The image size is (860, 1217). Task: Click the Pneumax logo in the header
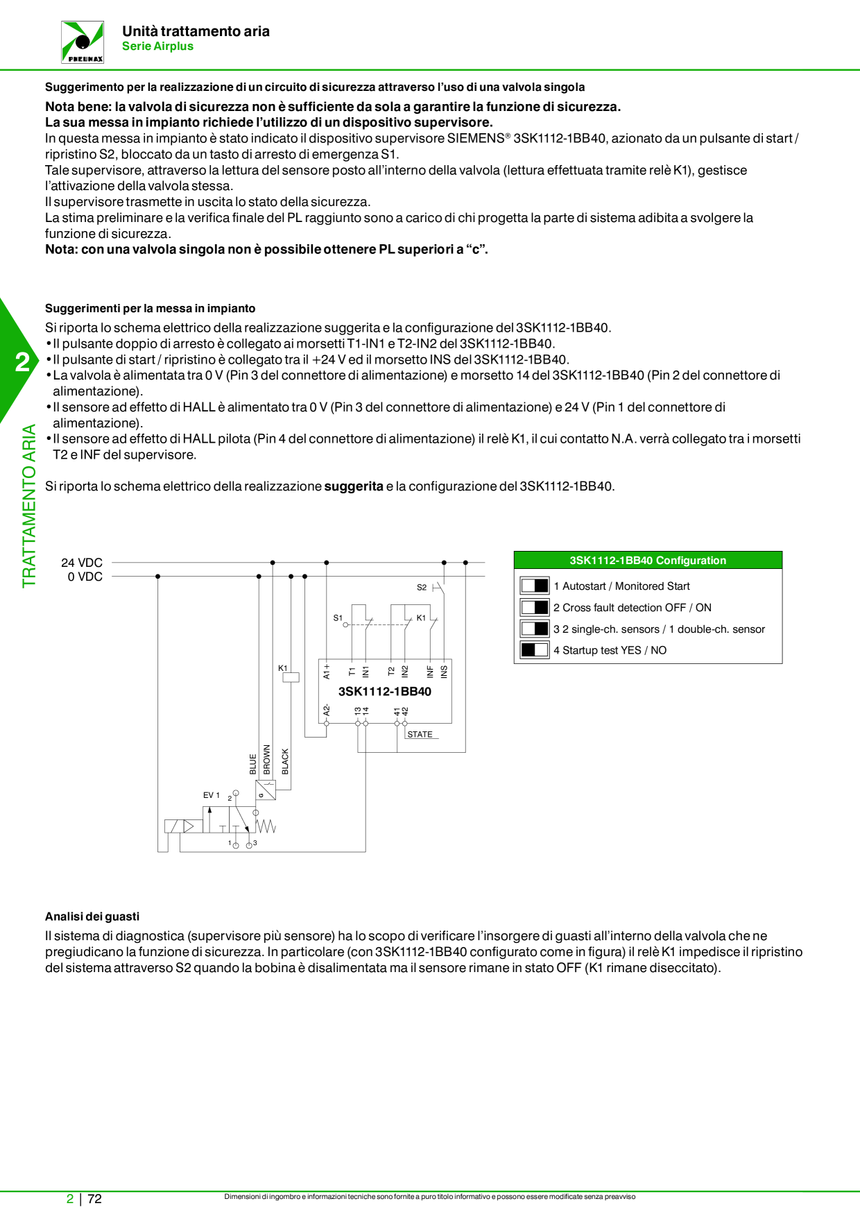coord(83,42)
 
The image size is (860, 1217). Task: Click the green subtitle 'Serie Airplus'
coord(157,46)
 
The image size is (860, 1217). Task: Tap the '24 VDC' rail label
coord(82,563)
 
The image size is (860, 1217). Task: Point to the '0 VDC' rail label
coord(85,577)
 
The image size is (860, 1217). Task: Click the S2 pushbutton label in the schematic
coord(422,587)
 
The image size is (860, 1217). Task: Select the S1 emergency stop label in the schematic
coord(338,618)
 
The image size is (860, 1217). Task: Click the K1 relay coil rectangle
coord(291,677)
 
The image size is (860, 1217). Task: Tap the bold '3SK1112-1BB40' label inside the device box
coord(385,692)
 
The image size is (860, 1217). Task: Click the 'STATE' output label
coord(420,734)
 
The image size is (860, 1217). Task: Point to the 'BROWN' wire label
coord(267,760)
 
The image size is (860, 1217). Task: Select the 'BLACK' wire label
coord(285,761)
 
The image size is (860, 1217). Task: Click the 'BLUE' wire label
coord(253,764)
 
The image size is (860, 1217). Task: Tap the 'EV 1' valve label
coord(211,795)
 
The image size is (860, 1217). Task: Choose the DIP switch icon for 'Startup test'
coord(535,650)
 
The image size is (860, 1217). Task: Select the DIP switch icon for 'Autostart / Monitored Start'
coord(535,586)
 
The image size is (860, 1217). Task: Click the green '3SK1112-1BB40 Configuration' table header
coord(648,561)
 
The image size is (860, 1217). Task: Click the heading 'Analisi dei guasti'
coord(92,917)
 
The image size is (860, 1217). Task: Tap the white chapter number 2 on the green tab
coord(23,362)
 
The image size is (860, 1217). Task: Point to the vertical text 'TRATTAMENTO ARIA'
coord(29,507)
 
